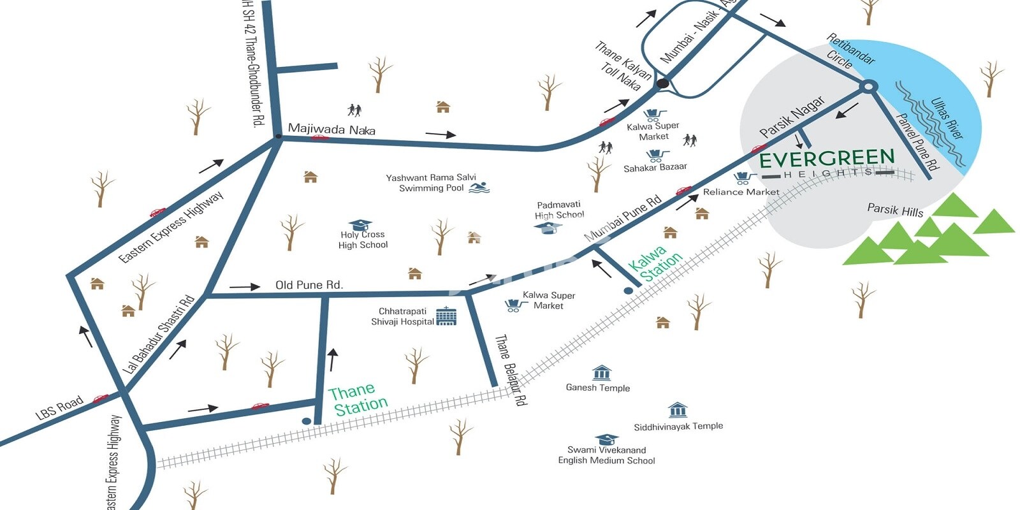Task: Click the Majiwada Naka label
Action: (331, 129)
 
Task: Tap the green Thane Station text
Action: (359, 399)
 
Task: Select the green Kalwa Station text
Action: (654, 263)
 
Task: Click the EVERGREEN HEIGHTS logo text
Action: (827, 159)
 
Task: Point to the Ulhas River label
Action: (947, 118)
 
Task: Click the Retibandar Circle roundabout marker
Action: (867, 87)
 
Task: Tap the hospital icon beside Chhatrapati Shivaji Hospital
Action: (446, 316)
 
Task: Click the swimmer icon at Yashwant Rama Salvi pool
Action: (479, 187)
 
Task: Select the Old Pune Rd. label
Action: (309, 285)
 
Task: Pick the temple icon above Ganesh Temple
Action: (601, 372)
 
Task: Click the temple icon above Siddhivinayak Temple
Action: (678, 409)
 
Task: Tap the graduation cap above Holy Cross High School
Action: (361, 224)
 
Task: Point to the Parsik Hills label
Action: (895, 210)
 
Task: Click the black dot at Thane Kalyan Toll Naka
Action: (663, 83)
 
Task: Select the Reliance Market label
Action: (741, 192)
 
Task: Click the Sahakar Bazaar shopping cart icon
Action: (656, 156)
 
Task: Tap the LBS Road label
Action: (59, 407)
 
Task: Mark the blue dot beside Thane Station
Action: (307, 421)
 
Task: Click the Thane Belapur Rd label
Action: (511, 370)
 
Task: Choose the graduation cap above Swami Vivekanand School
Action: (606, 439)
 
